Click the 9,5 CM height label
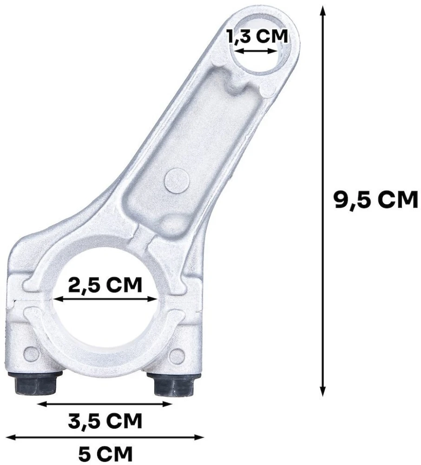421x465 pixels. [375, 200]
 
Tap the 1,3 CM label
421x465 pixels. [257, 36]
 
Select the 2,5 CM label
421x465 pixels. [105, 285]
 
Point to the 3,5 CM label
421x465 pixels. [105, 420]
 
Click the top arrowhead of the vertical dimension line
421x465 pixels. [322, 12]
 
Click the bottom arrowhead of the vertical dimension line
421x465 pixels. [322, 391]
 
